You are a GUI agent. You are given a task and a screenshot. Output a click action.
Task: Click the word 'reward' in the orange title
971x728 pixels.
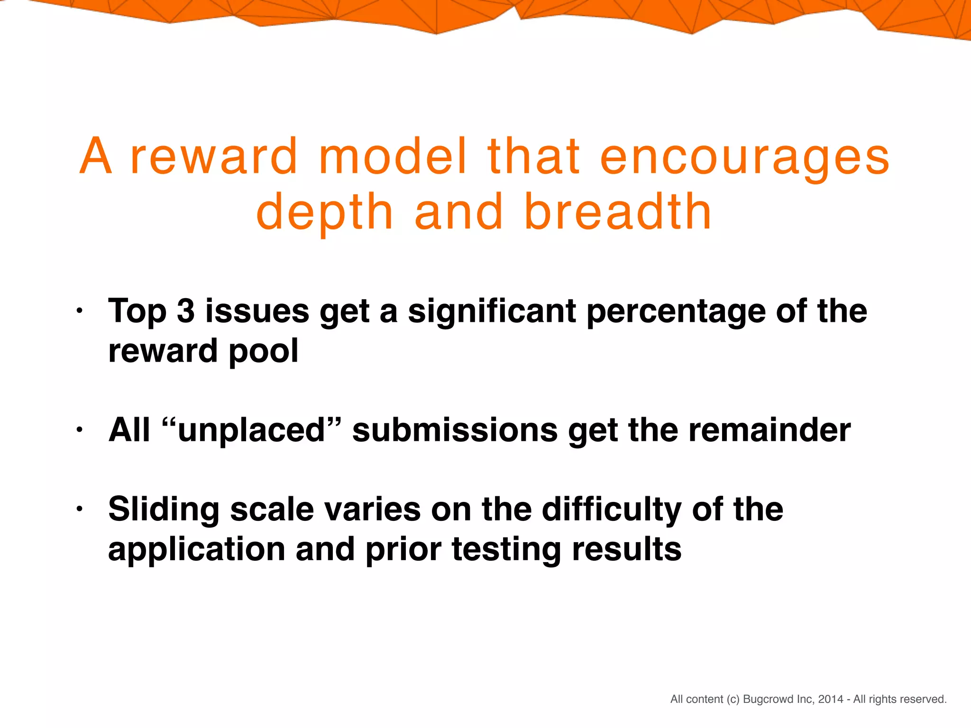(x=214, y=157)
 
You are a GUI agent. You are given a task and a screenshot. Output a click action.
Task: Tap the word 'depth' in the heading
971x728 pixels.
(x=325, y=213)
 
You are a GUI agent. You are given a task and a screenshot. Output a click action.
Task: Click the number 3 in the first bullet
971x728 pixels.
(x=185, y=311)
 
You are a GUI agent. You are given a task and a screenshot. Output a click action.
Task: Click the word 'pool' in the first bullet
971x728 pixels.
(x=263, y=352)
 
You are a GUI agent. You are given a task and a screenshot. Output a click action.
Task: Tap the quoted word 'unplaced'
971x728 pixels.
(x=251, y=430)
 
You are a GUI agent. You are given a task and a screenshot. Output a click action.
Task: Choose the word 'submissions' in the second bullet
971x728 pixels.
(x=455, y=430)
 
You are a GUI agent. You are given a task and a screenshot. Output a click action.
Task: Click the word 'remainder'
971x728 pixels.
(x=769, y=430)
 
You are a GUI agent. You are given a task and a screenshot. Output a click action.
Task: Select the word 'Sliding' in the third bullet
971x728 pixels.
(x=164, y=510)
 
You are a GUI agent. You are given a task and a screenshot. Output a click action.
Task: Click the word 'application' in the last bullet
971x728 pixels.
(x=196, y=550)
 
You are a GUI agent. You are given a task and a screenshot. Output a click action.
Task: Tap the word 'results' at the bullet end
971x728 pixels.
(x=626, y=549)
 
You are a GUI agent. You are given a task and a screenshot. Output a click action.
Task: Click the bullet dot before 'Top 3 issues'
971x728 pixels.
(x=80, y=311)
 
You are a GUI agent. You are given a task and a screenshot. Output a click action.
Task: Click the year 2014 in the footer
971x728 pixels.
(x=831, y=699)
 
